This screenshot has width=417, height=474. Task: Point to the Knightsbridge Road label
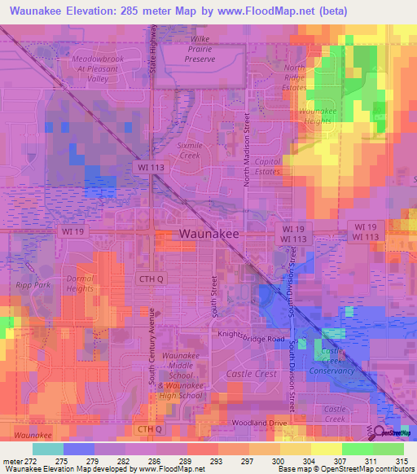(x=251, y=337)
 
